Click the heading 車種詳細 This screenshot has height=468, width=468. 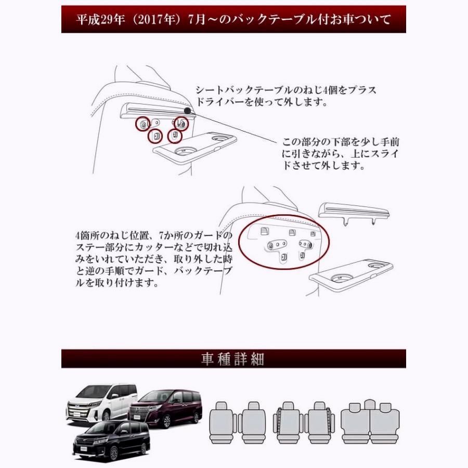pyautogui.click(x=233, y=359)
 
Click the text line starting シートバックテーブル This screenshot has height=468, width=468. pyautogui.click(x=286, y=90)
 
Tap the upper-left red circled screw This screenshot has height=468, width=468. pyautogui.click(x=143, y=124)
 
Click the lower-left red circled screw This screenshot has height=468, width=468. pyautogui.click(x=155, y=136)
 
